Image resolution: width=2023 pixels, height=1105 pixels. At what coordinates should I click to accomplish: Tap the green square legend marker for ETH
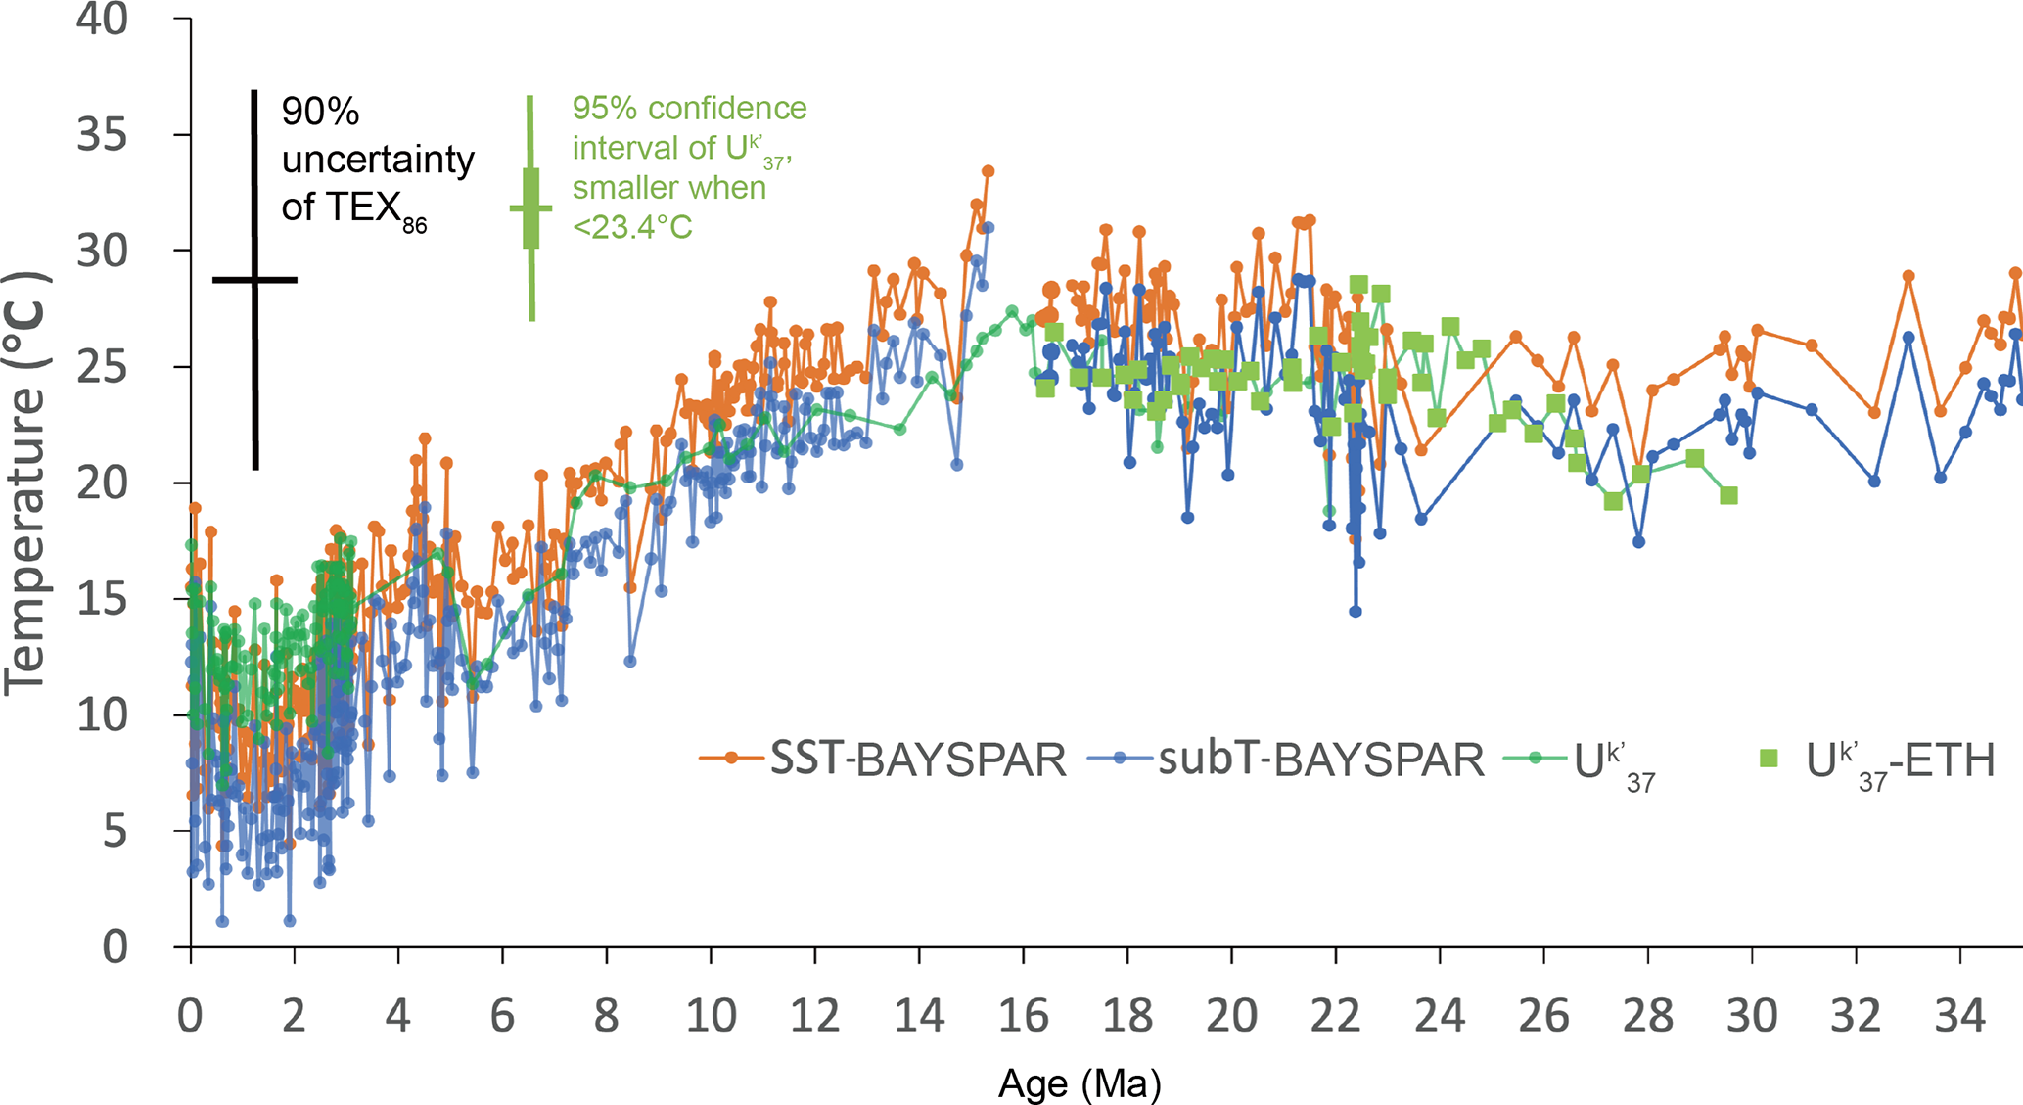click(x=1769, y=759)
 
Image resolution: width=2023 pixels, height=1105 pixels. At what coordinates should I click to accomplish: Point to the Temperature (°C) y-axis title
click(x=25, y=483)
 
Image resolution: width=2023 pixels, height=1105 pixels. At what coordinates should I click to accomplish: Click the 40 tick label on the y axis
click(x=102, y=20)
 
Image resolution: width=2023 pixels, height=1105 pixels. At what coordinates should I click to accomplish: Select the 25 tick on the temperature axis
click(x=102, y=367)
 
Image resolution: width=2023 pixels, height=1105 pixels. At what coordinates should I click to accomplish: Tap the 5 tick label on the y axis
click(x=115, y=832)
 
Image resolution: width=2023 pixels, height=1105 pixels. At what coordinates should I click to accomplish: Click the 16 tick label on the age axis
click(x=1023, y=1017)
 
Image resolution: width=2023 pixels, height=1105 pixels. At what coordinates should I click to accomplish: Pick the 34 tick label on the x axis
click(x=1959, y=1017)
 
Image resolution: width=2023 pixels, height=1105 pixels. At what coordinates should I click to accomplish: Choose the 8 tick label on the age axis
click(x=606, y=1017)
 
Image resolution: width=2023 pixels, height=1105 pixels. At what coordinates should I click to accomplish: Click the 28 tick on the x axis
click(x=1647, y=1017)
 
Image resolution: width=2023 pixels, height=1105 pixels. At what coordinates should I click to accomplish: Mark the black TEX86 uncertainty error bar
click(x=255, y=280)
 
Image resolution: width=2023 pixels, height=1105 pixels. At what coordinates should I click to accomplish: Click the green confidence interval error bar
click(x=531, y=208)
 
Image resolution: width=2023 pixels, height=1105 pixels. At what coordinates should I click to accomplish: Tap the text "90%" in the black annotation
click(x=320, y=113)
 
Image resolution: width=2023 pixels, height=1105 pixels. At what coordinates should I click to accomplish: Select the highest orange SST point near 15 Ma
click(x=989, y=171)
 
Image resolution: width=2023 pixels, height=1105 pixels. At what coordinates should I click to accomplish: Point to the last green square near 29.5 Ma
click(x=1729, y=496)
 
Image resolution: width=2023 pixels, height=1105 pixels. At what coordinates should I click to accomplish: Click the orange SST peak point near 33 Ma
click(x=1908, y=276)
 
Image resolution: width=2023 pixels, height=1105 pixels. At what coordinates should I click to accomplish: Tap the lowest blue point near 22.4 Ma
click(x=1356, y=612)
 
